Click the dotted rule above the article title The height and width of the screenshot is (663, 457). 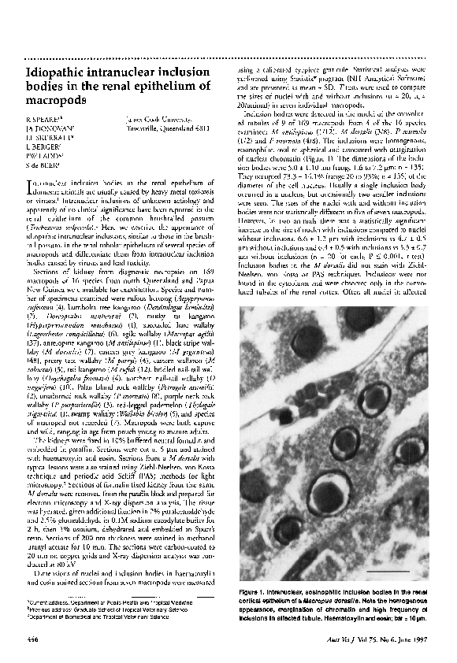click(228, 58)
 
